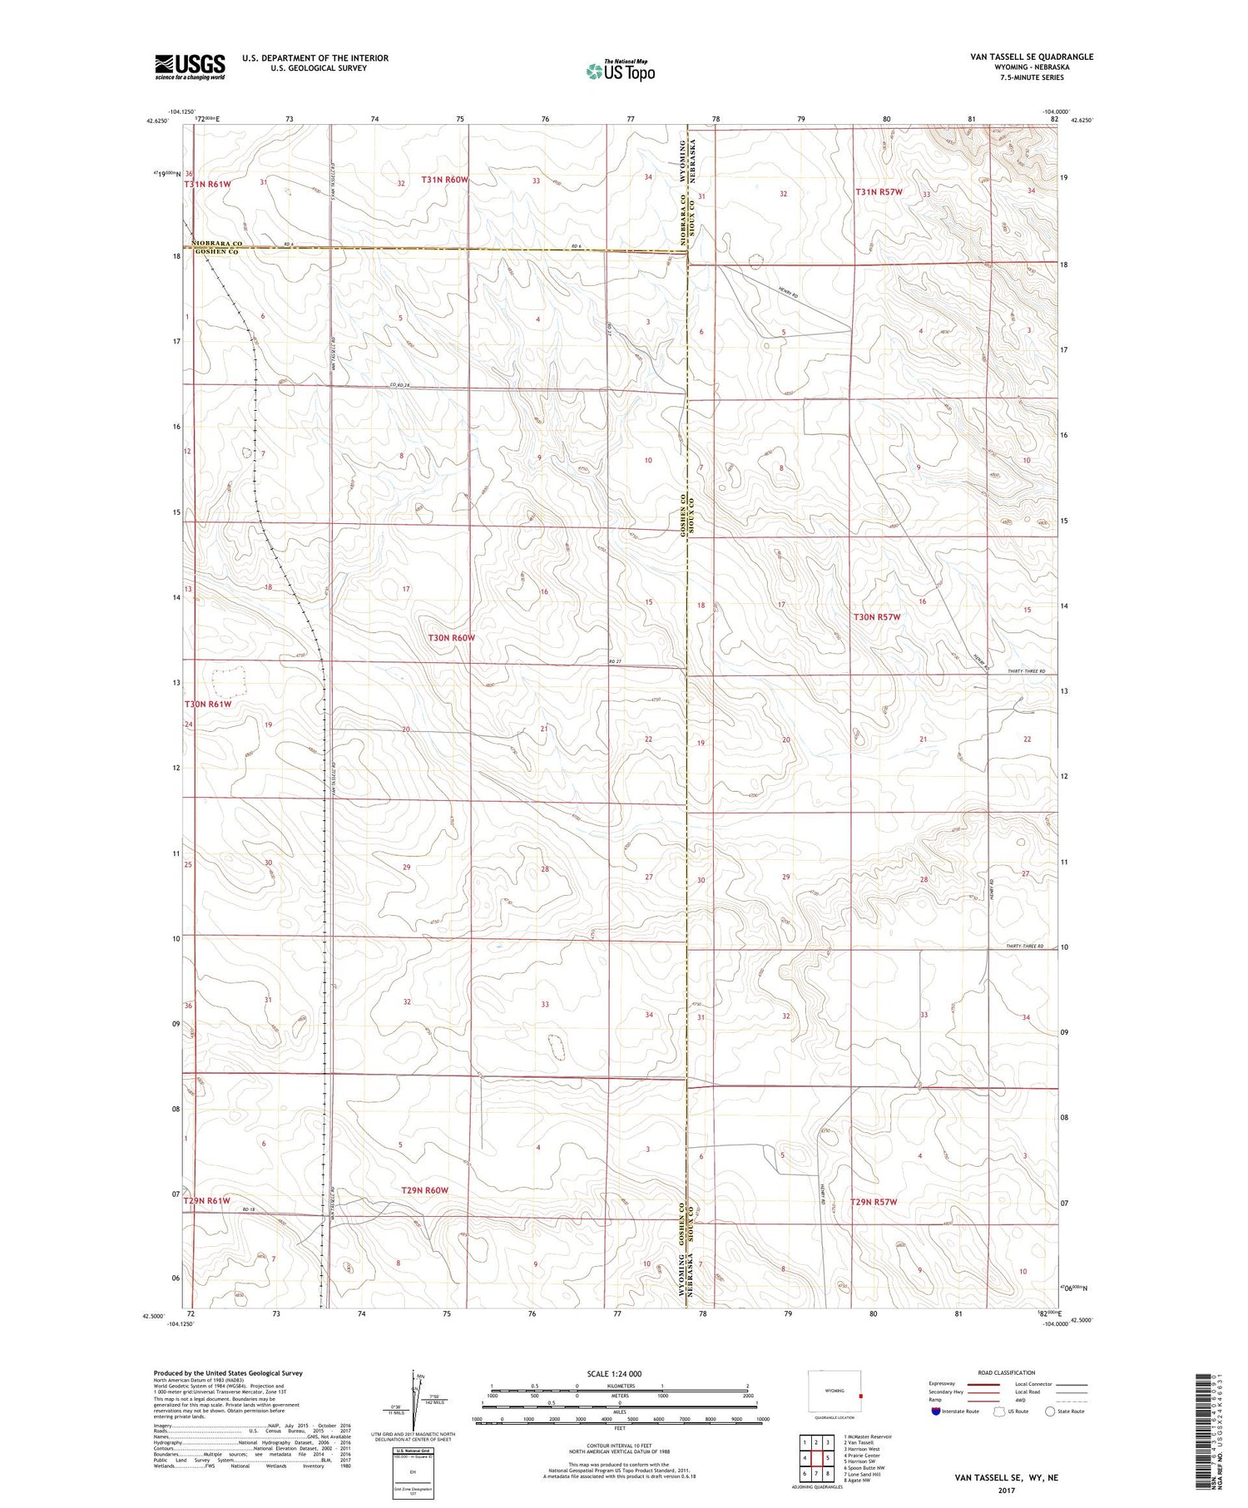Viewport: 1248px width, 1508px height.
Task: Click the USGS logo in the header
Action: pos(190,67)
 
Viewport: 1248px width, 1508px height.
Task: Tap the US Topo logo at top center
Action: pos(620,71)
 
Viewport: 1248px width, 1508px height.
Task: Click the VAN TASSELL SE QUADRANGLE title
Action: pos(1031,57)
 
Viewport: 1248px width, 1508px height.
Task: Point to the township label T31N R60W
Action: pos(445,180)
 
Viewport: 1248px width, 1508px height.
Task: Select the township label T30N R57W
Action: pos(877,617)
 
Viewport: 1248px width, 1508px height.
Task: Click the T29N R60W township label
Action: pos(424,1190)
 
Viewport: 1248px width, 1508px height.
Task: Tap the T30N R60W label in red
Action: pos(451,638)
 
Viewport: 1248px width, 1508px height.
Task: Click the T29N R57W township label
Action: pos(874,1202)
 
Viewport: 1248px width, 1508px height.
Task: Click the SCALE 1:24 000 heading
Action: pos(615,1373)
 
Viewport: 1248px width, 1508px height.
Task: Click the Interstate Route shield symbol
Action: pos(935,1412)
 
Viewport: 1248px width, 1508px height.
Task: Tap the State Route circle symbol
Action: pos(1050,1412)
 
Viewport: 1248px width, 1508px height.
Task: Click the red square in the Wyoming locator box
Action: pos(860,1397)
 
